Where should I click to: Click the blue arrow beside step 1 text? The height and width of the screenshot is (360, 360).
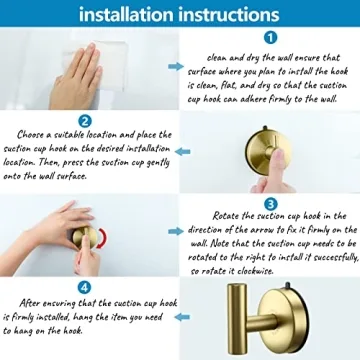(176, 67)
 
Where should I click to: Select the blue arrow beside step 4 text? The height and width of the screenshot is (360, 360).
(183, 314)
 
